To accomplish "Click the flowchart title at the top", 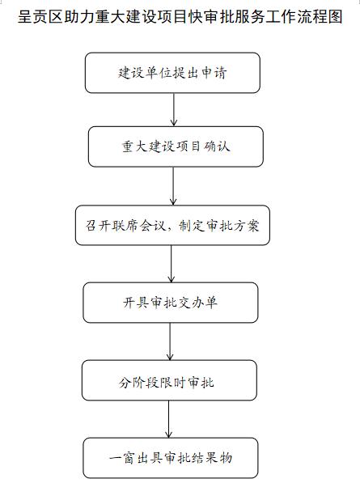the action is point(180,16).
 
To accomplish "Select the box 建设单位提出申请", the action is point(172,73).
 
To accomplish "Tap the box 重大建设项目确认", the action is point(176,146).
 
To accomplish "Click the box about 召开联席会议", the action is point(172,225).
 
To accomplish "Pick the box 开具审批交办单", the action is point(171,303).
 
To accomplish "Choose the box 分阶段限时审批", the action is point(169,380).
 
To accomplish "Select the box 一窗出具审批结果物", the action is point(171,458).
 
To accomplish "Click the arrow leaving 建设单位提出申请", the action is point(174,110).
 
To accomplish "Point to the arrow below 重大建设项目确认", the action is point(173,186).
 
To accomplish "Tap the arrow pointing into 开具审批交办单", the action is point(172,264).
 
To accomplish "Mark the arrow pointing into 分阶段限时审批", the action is point(170,341).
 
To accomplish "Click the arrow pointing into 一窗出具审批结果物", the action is point(168,419).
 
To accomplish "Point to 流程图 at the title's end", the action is point(320,16).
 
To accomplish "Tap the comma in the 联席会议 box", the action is point(171,229).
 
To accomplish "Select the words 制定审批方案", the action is point(219,226).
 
